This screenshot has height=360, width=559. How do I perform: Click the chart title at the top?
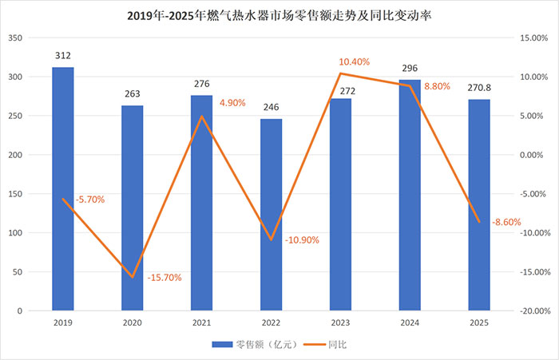coord(279,14)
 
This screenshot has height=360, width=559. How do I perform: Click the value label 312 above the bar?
coord(63,56)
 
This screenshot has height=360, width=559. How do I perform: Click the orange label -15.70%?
coord(165,278)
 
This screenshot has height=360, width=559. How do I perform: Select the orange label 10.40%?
coord(355,61)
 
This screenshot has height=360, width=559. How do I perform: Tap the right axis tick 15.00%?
coord(533,38)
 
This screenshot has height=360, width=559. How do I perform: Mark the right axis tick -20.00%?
coord(531,311)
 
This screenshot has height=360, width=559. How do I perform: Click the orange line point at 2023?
coord(341,73)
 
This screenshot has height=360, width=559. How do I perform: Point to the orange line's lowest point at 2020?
coord(133,277)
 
